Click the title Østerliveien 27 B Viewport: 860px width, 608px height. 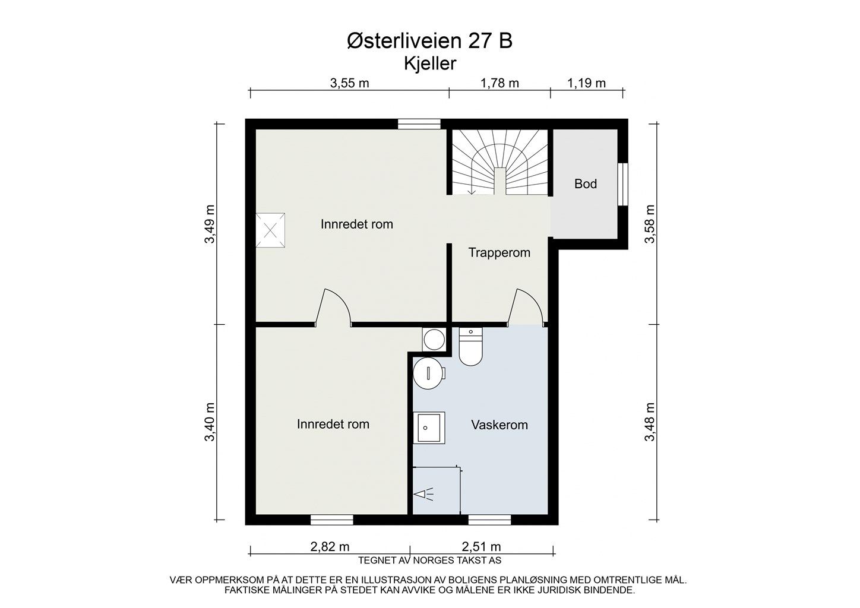point(429,41)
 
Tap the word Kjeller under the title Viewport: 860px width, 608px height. point(430,64)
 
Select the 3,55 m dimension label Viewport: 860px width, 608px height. point(349,83)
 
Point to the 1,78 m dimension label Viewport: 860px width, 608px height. point(500,83)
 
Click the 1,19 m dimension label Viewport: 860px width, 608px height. point(586,83)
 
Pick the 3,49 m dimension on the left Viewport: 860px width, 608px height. point(210,224)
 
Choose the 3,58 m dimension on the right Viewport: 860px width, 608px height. point(650,224)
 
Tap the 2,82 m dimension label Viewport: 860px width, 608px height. point(330,546)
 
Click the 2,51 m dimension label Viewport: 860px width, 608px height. point(482,546)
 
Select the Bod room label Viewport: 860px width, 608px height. point(586,184)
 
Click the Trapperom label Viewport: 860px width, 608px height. point(499,252)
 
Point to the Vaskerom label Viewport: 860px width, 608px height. point(499,425)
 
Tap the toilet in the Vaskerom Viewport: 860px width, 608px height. point(470,347)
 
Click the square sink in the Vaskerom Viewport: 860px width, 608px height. point(429,427)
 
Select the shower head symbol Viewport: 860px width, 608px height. point(423,494)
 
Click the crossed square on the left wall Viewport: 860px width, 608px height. point(270,230)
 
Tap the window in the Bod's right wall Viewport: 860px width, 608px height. point(623,185)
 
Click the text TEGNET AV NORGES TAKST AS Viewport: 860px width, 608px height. point(429,560)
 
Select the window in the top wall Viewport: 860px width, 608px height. point(419,124)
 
